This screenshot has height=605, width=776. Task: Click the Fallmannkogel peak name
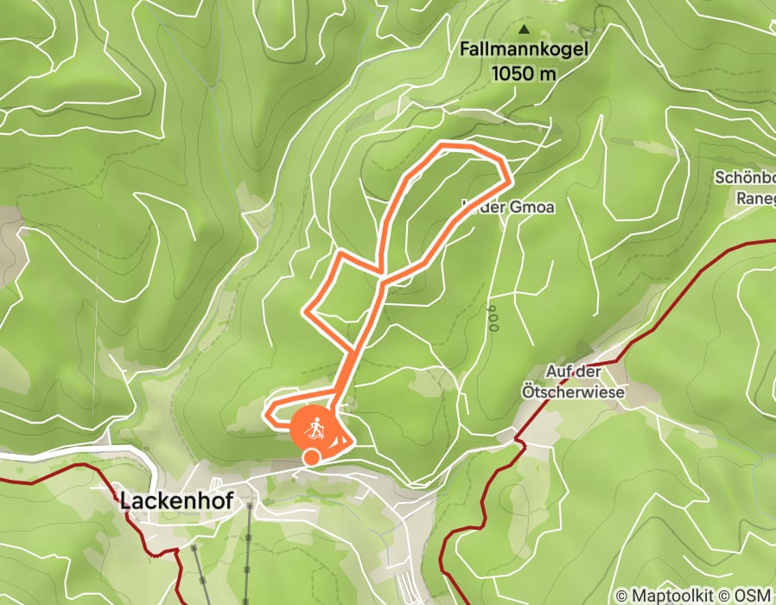(525, 50)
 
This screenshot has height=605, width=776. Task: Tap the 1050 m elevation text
(524, 73)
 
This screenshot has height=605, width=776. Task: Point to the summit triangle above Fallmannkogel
(522, 28)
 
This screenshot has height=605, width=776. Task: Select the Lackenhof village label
(176, 501)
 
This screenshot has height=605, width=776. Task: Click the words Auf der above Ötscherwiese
(573, 373)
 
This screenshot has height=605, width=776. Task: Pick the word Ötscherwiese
(585, 392)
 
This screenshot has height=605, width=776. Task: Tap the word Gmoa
(535, 207)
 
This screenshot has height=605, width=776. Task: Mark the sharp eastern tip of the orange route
(508, 180)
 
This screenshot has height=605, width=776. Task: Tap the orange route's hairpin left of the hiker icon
(270, 413)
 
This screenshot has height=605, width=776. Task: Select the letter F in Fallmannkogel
(466, 50)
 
